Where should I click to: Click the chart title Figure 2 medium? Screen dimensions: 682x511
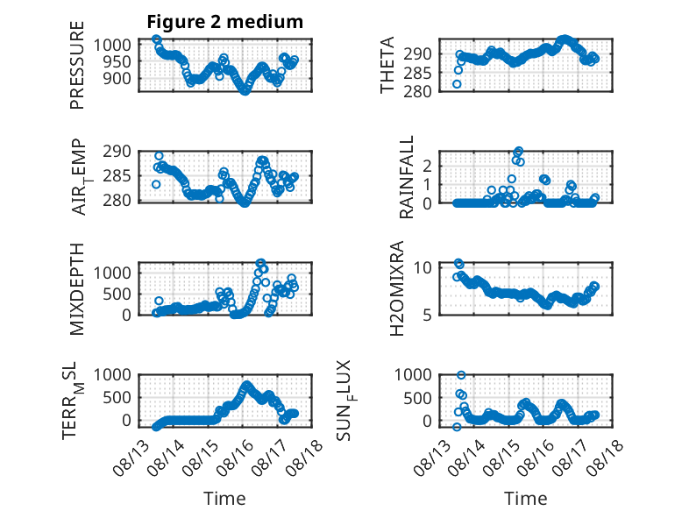pos(225,22)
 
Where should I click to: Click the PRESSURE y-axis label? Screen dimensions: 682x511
pos(76,65)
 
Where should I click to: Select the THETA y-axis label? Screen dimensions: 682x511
pos(387,65)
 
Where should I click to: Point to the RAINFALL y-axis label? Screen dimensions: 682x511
pos(406,177)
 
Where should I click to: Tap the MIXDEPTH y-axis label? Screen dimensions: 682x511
pos(76,289)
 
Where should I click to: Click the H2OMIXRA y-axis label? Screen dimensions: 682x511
pos(397,288)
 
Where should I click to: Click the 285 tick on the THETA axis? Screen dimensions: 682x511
pos(417,73)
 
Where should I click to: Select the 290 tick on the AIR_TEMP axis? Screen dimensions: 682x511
pos(117,152)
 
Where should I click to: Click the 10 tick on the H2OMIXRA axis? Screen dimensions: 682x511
pos(423,267)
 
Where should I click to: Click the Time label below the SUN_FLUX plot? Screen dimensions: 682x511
pos(525,499)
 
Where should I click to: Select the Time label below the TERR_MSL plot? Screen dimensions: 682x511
pos(225,499)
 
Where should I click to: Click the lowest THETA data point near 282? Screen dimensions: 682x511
pos(457,84)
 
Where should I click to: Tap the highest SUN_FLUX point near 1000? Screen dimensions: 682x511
pos(461,375)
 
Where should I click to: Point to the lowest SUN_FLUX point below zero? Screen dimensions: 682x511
pos(457,427)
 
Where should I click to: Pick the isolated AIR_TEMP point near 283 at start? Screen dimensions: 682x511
pos(156,185)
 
